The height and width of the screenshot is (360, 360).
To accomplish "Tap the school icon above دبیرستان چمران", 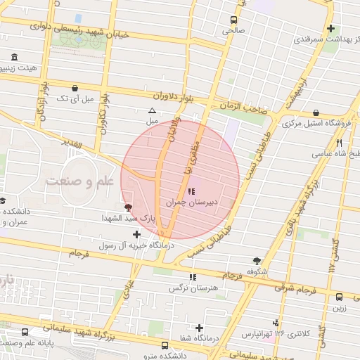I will (x=193, y=191).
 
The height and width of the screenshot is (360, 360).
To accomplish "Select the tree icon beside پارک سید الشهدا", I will (x=127, y=207).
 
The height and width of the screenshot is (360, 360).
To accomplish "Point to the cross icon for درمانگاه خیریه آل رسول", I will (x=136, y=233).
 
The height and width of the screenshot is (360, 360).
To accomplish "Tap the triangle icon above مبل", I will (x=153, y=111).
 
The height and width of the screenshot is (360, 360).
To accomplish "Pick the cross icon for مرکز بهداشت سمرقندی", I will (x=330, y=28).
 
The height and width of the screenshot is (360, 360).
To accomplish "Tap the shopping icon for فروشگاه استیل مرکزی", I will (x=316, y=112).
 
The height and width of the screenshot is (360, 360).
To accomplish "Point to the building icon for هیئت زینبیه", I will (x=14, y=57).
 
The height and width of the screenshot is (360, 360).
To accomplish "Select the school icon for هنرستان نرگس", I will (x=193, y=277).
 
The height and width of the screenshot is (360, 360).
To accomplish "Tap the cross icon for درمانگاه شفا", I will (x=200, y=328).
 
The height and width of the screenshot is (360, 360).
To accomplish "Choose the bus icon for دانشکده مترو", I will (x=165, y=345).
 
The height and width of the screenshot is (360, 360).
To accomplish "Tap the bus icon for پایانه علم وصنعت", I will (x=25, y=332).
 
